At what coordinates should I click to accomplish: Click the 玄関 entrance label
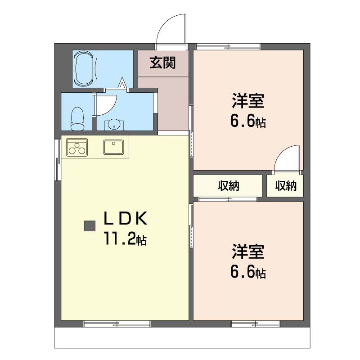pos(162,63)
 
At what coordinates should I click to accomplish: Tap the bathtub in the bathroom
pos(84,69)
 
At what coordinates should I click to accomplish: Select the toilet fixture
pos(77,119)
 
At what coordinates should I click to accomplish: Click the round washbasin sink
pos(114,126)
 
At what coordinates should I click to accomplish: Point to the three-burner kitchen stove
pos(77,148)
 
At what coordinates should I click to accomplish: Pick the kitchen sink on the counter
pos(113,147)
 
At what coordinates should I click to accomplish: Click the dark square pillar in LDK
pos(90,226)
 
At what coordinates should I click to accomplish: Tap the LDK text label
pos(126,218)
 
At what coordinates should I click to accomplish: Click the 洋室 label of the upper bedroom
pos(248,101)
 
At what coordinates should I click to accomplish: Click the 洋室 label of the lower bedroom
pos(248,252)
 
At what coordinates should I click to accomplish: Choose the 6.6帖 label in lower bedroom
pos(248,272)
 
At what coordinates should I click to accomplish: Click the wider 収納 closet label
pos(229,186)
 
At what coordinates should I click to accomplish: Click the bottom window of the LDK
pos(117,324)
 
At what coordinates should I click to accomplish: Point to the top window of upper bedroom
pos(228,47)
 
